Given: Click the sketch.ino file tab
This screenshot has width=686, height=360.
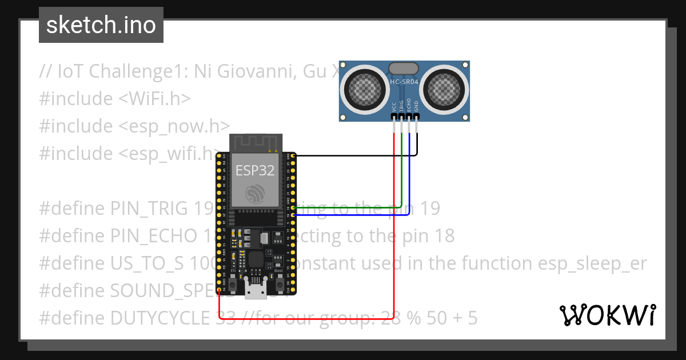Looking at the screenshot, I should point(101,25).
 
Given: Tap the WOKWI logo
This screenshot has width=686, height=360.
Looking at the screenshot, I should point(607,315).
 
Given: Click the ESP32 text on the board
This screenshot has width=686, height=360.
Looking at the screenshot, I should point(255,170).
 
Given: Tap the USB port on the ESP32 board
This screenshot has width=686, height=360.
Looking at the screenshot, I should point(255,288).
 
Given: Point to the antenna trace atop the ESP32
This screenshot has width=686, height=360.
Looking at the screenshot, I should point(255,142).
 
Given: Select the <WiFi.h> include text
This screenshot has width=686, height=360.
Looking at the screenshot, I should point(154,99).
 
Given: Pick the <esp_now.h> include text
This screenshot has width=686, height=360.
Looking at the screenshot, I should point(174,126).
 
